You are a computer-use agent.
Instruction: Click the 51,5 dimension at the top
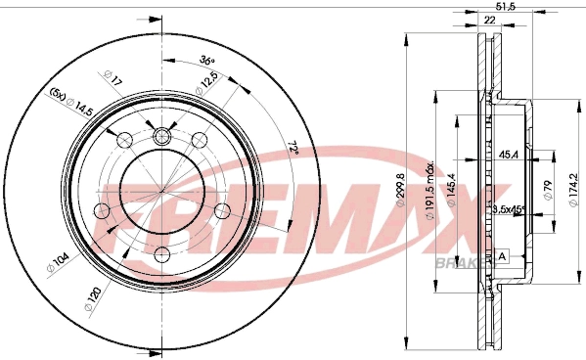click(x=505, y=8)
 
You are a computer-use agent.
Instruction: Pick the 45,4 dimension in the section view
click(x=509, y=153)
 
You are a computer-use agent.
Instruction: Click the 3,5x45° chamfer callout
click(x=509, y=209)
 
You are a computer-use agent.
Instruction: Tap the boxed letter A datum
click(x=503, y=256)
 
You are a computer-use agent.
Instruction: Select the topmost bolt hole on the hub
click(x=161, y=135)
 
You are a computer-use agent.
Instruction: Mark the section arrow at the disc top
click(x=151, y=18)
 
